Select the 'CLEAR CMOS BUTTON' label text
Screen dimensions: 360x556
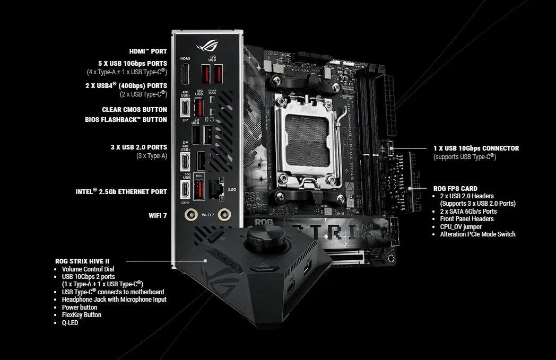[134, 110]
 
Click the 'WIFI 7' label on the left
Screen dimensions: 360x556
[158, 215]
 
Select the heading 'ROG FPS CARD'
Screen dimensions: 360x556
[455, 188]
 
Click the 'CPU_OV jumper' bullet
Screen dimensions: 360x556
[461, 226]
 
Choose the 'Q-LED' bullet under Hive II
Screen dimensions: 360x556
[70, 322]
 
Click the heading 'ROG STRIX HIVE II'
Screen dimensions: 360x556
[90, 261]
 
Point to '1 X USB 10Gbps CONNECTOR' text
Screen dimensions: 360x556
[476, 148]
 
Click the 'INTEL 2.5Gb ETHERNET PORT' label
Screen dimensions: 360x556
[121, 192]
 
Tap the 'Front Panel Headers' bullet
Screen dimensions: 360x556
[466, 219]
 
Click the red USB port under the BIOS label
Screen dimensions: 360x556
[199, 189]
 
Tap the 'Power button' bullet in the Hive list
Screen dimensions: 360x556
[79, 307]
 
